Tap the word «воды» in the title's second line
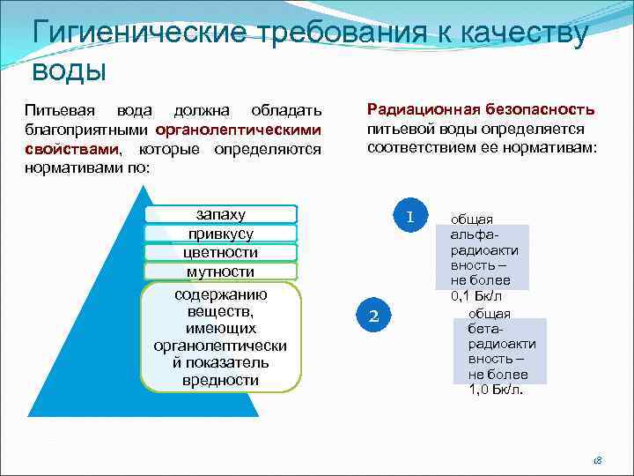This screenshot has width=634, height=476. pos(69,71)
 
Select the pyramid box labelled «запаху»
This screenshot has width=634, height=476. pos(221,214)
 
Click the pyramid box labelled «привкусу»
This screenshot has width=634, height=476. pos(221,234)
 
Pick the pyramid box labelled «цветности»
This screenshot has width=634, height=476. pos(221,253)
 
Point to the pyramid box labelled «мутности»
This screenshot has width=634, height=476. pos(221,272)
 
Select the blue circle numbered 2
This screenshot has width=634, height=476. pos(373,316)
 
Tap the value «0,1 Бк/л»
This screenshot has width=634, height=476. pos(483,297)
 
